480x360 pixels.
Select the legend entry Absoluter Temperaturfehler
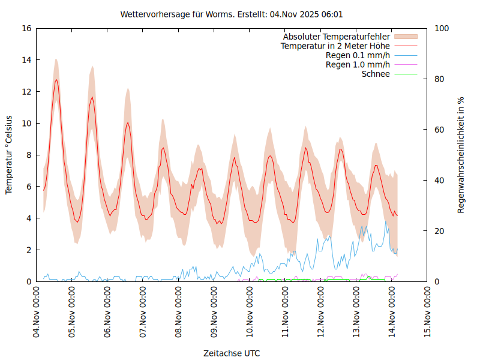[x=336, y=37]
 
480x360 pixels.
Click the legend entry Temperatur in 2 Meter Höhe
[x=335, y=46]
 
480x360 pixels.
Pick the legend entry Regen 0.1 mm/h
[x=358, y=55]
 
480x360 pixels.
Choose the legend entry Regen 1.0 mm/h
[x=358, y=65]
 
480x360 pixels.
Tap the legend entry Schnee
[x=376, y=74]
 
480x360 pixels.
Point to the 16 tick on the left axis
[x=26, y=28]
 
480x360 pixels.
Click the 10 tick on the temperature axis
[x=26, y=123]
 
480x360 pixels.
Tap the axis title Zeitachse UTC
[x=232, y=353]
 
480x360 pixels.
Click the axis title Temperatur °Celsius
[x=9, y=155]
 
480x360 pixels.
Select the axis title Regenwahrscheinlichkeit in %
[x=461, y=155]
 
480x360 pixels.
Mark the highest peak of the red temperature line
[x=56, y=80]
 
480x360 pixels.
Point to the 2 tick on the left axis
[x=28, y=250]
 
